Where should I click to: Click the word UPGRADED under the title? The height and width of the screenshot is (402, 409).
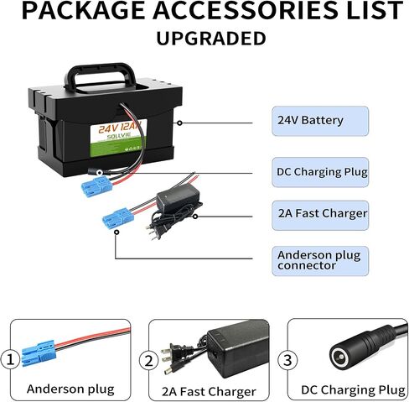tap(211, 39)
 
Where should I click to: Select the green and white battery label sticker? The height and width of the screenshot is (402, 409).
tap(118, 138)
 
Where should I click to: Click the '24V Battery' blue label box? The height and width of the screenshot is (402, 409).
tap(320, 121)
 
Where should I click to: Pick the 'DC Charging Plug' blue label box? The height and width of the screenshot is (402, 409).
tap(320, 172)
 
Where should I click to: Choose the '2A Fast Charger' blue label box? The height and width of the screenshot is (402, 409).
tap(320, 215)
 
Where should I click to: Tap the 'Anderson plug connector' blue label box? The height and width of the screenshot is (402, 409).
tap(320, 261)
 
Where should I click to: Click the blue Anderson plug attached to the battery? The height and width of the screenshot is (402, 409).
tap(96, 185)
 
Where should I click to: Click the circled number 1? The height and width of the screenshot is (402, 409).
tap(10, 359)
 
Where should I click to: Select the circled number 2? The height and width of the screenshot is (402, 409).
tap(148, 361)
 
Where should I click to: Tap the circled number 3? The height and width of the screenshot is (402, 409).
tap(287, 360)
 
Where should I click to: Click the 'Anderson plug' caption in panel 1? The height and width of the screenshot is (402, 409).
tap(70, 389)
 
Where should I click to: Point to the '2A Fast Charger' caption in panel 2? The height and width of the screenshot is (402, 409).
tap(209, 391)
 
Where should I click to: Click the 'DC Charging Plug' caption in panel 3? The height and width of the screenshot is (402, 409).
tap(353, 389)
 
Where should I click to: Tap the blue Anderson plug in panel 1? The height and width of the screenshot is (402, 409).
tap(39, 353)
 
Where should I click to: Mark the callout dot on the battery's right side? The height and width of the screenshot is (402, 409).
tap(180, 123)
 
